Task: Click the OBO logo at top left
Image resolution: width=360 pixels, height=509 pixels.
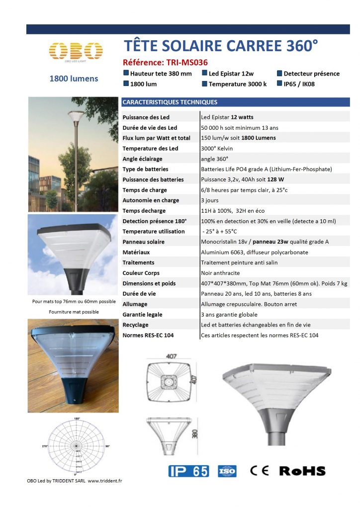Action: point(76,51)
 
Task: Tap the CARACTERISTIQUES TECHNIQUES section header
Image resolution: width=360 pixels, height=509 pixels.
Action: point(170,102)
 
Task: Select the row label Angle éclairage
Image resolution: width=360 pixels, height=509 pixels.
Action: point(142,159)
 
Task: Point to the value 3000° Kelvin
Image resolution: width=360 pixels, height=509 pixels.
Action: point(217,149)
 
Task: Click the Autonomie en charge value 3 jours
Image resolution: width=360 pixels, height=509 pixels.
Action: point(209,200)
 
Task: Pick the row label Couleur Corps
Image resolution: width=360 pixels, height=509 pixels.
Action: point(141,273)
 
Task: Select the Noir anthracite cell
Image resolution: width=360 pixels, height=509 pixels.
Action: point(220,273)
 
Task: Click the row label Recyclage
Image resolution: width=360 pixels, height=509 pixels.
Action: point(135,325)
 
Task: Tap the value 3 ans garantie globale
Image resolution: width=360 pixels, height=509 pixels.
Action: point(229,315)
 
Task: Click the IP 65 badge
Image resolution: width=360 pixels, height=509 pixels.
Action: point(188,471)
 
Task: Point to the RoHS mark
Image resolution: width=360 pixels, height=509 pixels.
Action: point(302,471)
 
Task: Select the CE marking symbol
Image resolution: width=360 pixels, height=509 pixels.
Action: point(260,471)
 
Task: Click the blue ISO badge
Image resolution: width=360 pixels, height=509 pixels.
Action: point(227,471)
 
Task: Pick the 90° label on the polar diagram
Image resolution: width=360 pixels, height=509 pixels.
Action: point(108,446)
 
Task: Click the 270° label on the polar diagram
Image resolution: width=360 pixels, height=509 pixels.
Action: point(45,446)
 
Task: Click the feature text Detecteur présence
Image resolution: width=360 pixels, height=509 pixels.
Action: point(311,74)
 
